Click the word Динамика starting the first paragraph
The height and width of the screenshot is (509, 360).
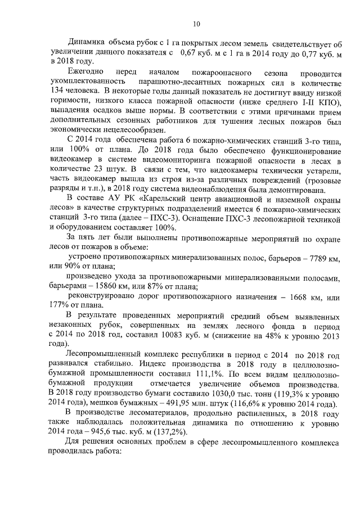[85, 43]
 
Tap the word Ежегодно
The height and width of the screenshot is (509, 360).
[85, 73]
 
